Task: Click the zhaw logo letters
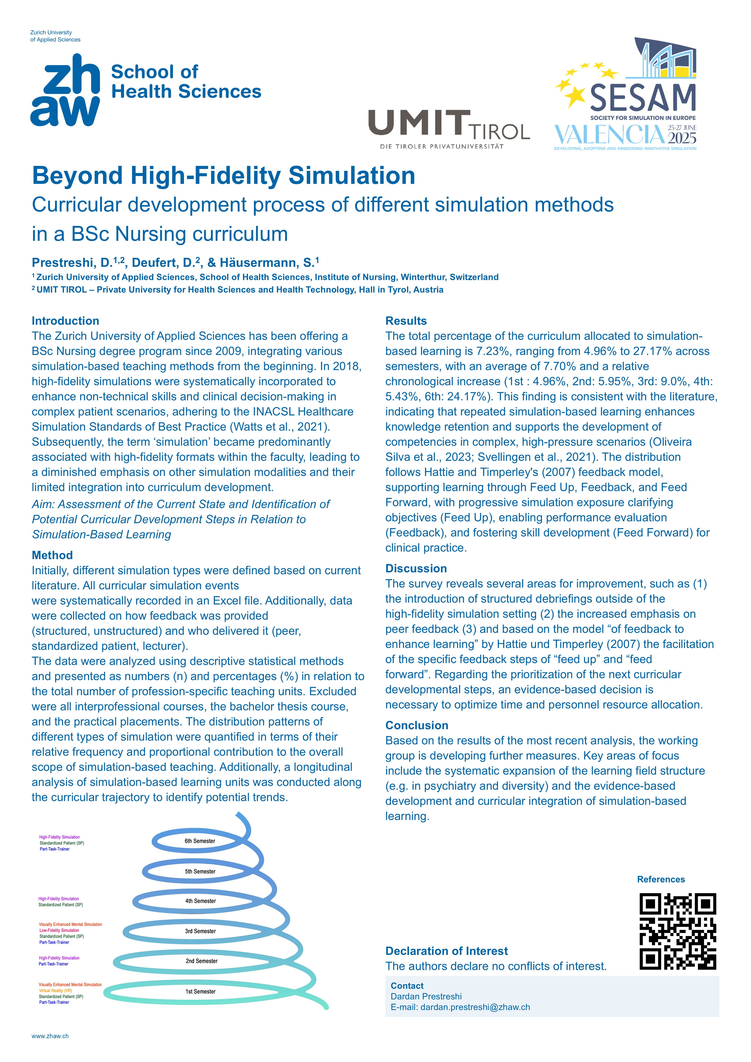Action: coord(65,90)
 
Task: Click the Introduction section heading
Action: coord(65,321)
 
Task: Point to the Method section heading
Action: coord(52,555)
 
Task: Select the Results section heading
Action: coord(406,321)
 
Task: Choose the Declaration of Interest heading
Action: coord(446,951)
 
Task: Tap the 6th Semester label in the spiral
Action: coord(200,841)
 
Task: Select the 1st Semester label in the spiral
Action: coord(200,991)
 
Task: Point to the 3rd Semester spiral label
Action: coord(200,931)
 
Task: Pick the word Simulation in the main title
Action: coord(352,176)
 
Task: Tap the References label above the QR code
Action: coord(661,879)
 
